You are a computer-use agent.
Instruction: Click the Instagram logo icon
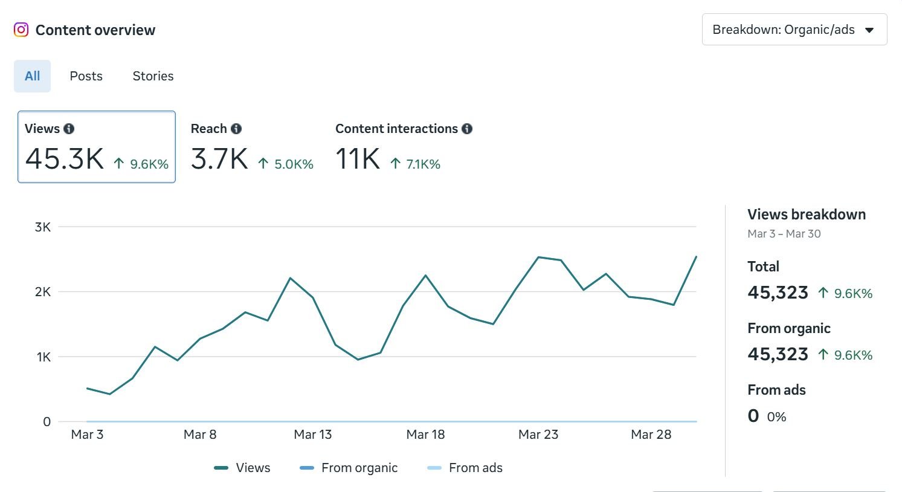point(21,30)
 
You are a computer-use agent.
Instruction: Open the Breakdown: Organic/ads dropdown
point(794,30)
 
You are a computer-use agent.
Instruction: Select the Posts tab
point(86,76)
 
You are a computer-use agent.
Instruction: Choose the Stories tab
point(153,76)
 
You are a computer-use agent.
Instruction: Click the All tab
point(32,76)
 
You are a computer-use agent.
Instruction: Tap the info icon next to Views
point(69,129)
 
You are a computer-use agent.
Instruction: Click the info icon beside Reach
point(236,129)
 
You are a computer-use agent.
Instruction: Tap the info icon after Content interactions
point(467,129)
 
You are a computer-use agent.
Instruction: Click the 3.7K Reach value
point(219,159)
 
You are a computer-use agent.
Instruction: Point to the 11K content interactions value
point(358,159)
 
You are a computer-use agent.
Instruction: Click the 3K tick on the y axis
point(43,227)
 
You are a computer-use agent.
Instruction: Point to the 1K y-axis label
point(43,357)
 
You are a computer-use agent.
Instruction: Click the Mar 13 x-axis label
point(312,435)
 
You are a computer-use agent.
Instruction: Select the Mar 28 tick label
point(651,435)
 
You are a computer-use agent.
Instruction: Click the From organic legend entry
point(349,468)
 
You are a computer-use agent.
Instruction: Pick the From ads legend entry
point(465,468)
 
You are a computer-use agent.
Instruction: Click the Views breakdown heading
point(806,215)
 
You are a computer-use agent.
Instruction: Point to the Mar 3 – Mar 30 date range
point(784,234)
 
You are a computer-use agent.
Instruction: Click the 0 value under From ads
point(753,416)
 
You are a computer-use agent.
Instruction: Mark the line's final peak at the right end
point(696,257)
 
